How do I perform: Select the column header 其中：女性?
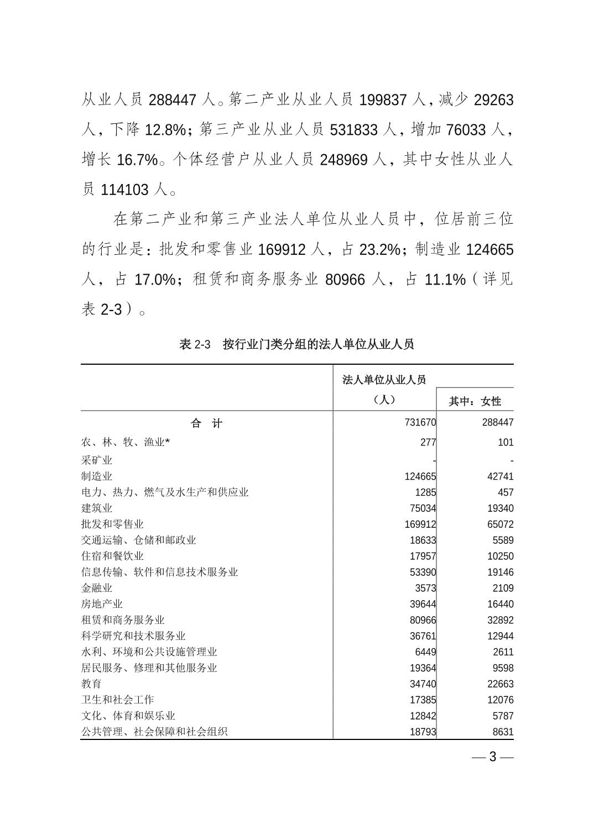click(x=475, y=401)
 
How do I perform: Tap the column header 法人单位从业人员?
click(x=384, y=380)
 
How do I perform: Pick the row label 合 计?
click(x=206, y=423)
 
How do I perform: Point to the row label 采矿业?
click(x=97, y=460)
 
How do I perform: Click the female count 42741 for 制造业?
click(x=500, y=476)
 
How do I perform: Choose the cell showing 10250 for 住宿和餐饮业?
click(x=500, y=556)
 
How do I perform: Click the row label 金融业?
click(x=97, y=588)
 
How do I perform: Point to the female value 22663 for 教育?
click(x=500, y=684)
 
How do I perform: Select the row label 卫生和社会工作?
click(x=117, y=700)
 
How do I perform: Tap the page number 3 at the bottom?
click(x=493, y=757)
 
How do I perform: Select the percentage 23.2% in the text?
click(x=379, y=250)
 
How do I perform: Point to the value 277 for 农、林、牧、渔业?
click(x=428, y=442)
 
